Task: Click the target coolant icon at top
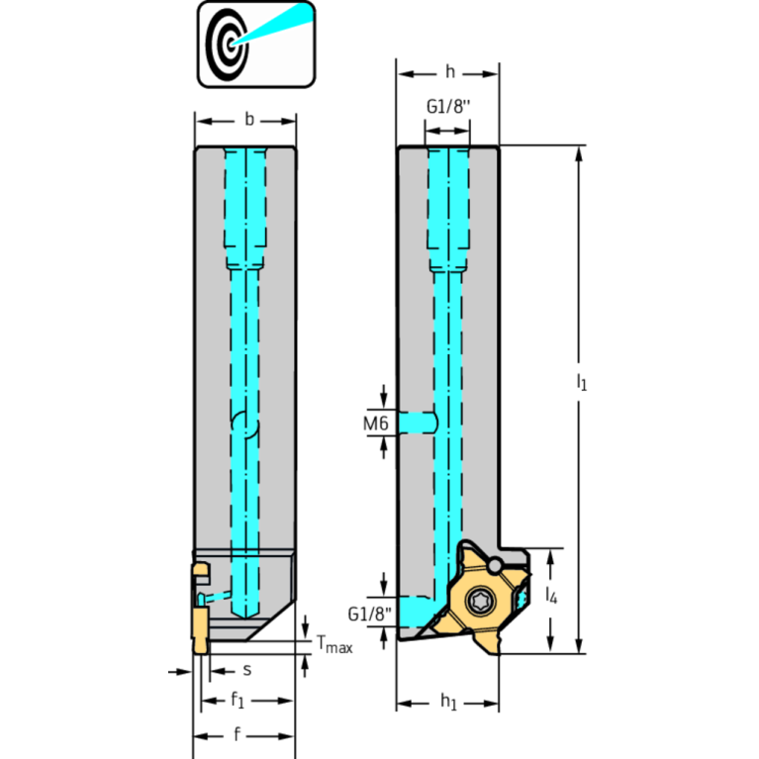(x=256, y=45)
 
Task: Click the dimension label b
(x=249, y=120)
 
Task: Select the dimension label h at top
(x=450, y=72)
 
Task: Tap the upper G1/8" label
(x=448, y=107)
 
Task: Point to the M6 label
(x=376, y=424)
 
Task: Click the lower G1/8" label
(x=369, y=615)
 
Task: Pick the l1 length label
(x=581, y=382)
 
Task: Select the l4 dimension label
(x=551, y=595)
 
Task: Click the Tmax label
(x=334, y=644)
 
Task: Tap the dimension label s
(x=246, y=670)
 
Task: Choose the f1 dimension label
(x=237, y=700)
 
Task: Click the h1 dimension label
(x=448, y=702)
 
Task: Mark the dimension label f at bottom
(x=237, y=734)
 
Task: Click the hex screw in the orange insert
(x=480, y=602)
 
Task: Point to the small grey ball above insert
(x=494, y=565)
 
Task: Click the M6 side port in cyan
(x=419, y=423)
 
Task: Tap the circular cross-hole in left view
(x=245, y=425)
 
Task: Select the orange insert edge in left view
(x=200, y=629)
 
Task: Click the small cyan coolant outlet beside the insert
(x=522, y=599)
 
